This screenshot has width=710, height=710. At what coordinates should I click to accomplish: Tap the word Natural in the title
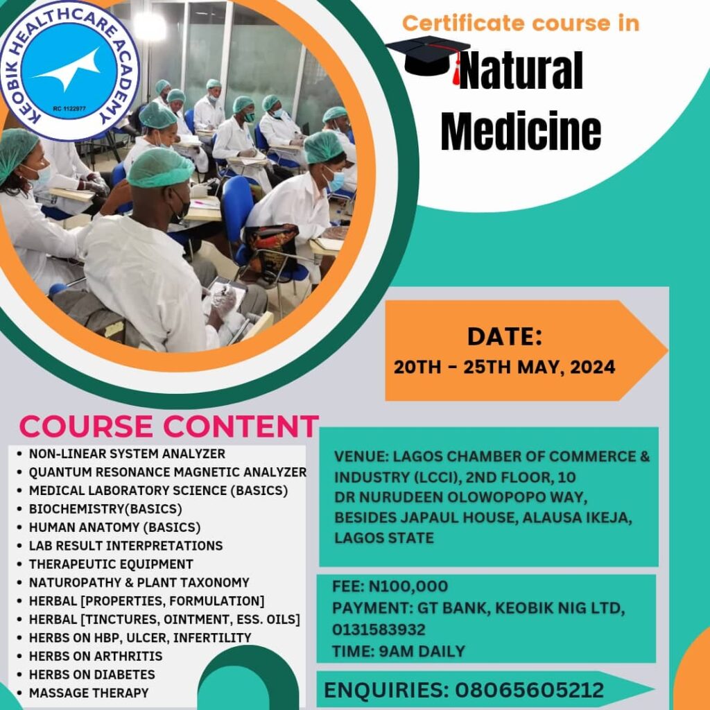coord(521,71)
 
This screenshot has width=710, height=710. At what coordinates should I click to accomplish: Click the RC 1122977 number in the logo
coord(69,109)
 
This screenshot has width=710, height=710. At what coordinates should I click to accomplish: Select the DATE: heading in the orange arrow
coord(505,337)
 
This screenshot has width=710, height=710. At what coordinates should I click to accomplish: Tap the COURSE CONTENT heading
coord(169,426)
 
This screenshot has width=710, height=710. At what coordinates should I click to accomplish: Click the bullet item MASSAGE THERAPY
coord(89,693)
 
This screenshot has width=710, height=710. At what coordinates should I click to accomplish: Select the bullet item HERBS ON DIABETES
coord(92,674)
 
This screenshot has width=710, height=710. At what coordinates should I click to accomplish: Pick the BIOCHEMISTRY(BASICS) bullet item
coord(105,509)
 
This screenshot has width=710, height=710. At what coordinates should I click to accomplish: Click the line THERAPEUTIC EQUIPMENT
coord(111,564)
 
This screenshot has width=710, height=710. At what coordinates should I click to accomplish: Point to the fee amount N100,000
coord(408,587)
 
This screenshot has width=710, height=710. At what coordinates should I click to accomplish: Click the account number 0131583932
coord(379,630)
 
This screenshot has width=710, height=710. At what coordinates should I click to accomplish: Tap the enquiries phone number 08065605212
coord(529,690)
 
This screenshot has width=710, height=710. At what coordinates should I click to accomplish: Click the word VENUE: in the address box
coord(361,456)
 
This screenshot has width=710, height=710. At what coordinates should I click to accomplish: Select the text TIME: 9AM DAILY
coord(399,651)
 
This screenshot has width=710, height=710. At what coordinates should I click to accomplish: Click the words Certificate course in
coord(521,23)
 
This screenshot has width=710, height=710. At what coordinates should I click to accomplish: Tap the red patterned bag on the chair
coord(272,251)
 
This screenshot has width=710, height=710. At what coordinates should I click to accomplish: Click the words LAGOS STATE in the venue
coord(384,538)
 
